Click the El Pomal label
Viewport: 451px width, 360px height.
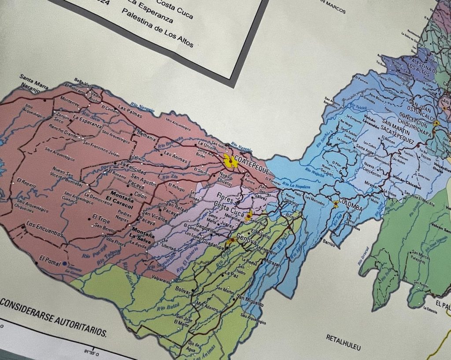pyautogui.click(x=49, y=259)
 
